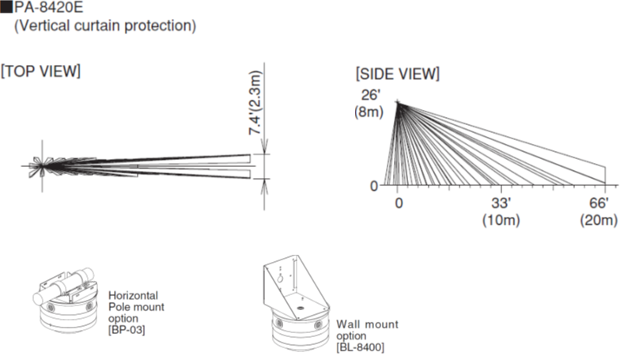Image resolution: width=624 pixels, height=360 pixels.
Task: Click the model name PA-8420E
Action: click(x=49, y=7)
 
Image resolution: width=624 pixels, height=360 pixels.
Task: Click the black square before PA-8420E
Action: click(x=7, y=7)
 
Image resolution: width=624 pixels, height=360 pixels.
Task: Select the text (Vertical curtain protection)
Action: click(x=105, y=25)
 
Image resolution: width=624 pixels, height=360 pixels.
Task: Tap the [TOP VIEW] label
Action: click(x=40, y=71)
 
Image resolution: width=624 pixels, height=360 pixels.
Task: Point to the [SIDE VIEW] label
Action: click(x=398, y=74)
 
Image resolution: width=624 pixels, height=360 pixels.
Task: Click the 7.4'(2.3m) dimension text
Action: click(x=255, y=103)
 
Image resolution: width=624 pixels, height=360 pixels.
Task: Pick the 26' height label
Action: click(x=370, y=95)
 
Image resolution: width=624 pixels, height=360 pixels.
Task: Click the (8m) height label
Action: click(x=369, y=112)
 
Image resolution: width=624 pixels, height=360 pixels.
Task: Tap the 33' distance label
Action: click(x=501, y=203)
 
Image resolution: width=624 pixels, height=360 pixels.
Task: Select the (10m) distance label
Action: click(x=501, y=220)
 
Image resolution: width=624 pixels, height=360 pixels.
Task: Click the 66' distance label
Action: click(x=599, y=203)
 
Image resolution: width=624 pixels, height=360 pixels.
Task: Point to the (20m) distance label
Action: click(x=599, y=220)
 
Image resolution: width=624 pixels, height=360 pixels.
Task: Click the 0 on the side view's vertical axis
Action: click(x=373, y=186)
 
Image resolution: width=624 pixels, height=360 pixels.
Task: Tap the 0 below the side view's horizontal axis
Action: click(x=399, y=203)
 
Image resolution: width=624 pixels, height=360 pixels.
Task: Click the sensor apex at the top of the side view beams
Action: click(x=398, y=103)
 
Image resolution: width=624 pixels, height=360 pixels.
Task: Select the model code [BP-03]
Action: click(x=127, y=330)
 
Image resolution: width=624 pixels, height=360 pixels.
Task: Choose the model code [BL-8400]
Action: click(x=360, y=347)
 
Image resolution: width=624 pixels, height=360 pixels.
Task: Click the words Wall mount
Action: click(x=367, y=324)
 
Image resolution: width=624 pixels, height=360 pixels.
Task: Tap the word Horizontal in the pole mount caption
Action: click(x=134, y=295)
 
